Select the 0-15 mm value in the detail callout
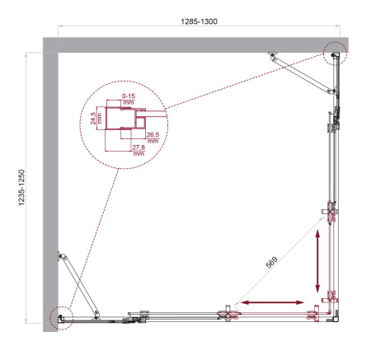129,99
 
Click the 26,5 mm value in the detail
153,136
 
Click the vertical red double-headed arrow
319,262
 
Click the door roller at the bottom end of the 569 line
226,311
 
